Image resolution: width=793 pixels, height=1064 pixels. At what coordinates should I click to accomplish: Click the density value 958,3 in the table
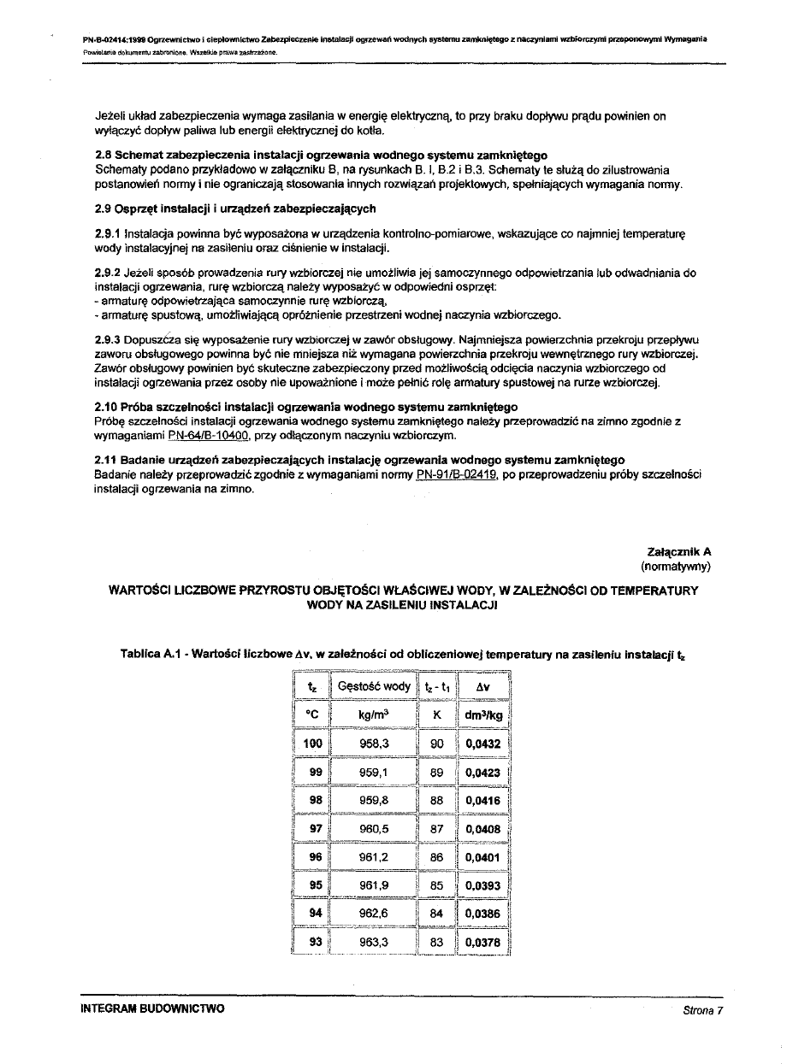point(375,744)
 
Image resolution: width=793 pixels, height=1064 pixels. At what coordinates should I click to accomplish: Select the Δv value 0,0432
point(483,744)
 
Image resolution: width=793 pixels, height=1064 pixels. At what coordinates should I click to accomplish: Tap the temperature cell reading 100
point(312,744)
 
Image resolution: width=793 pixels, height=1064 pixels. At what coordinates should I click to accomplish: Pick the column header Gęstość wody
point(374,686)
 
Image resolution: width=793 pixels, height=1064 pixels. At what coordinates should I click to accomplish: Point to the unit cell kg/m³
point(374,714)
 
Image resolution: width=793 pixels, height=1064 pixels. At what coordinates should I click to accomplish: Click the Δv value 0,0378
point(483,943)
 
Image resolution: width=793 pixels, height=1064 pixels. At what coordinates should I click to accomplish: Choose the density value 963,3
point(375,943)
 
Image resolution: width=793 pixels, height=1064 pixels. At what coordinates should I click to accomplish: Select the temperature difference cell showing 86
point(437,857)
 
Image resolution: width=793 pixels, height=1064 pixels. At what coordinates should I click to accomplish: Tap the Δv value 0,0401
point(483,857)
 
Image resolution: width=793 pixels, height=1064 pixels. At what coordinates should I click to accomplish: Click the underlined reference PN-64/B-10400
point(209,436)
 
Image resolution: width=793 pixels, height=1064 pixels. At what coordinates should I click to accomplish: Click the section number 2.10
point(107,407)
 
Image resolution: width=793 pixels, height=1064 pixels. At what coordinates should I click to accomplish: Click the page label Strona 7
point(703,1010)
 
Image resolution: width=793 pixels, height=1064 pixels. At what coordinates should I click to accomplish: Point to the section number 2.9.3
point(108,339)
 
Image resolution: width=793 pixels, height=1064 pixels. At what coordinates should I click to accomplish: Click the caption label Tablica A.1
point(154,655)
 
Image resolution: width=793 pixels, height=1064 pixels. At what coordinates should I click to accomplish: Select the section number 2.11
point(107,461)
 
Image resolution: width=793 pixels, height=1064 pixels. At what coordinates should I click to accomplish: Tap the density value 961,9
point(375,885)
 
